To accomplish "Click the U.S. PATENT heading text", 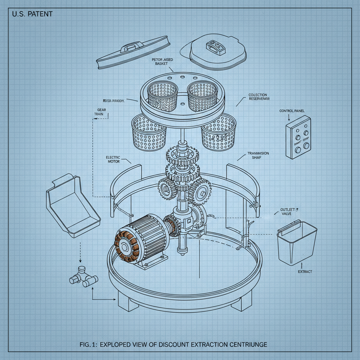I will [32, 15].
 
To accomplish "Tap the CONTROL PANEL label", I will [292, 111].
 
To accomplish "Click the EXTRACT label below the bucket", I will [305, 272].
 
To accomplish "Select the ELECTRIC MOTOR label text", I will [113, 159].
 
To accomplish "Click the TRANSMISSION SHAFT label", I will [258, 155].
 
